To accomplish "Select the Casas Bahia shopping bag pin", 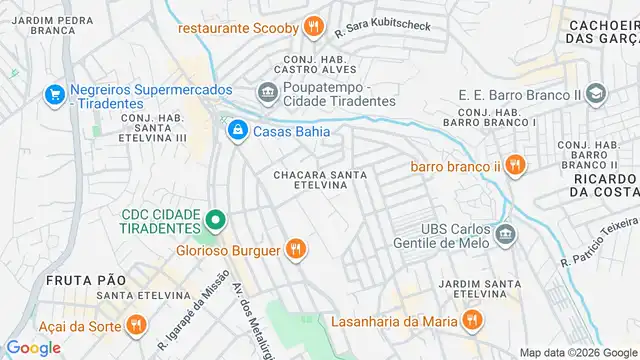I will (x=237, y=130).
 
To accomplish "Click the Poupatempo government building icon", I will (x=267, y=94).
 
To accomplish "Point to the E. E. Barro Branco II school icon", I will (x=597, y=95).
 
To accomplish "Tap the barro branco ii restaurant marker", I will (x=515, y=166).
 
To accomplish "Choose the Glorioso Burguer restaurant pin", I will (x=295, y=250).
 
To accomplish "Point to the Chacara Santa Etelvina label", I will (x=320, y=182).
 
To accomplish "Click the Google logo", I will (x=33, y=347).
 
